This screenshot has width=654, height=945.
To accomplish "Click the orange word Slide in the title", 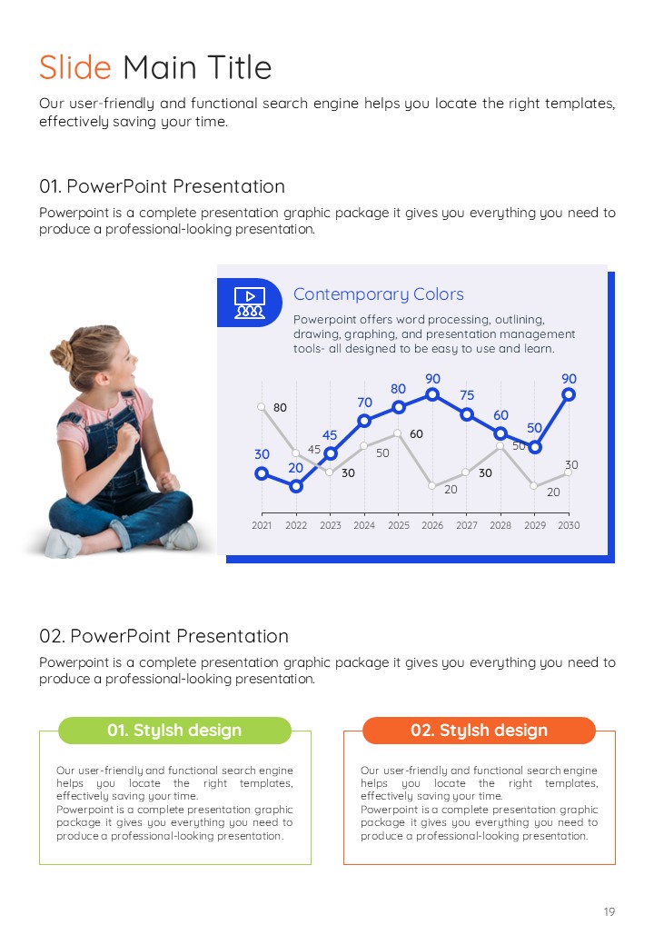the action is (x=75, y=67).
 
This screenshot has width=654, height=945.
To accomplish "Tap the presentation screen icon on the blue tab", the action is (x=249, y=303).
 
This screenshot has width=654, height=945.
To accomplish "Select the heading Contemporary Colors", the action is (x=378, y=294).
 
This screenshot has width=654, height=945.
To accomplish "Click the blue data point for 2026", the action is (x=431, y=394).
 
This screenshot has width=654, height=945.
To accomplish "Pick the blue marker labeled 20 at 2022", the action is (x=296, y=486).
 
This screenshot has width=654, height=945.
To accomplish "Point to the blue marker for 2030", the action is (x=569, y=394).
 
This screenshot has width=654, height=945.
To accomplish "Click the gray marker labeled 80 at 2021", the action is (x=262, y=407).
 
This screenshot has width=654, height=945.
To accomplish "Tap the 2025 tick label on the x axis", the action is (x=398, y=525).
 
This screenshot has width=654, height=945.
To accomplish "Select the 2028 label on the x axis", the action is (x=500, y=525).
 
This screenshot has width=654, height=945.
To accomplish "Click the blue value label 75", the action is (x=467, y=394).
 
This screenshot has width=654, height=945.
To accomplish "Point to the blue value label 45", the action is (x=330, y=435).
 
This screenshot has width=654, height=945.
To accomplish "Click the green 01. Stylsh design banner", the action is (x=174, y=731).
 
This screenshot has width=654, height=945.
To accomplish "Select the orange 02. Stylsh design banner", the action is (x=480, y=731).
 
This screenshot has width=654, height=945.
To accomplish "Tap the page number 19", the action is (x=609, y=912).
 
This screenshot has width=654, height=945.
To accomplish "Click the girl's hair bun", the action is (x=63, y=354).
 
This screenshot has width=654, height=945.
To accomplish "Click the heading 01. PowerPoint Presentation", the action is (x=162, y=186).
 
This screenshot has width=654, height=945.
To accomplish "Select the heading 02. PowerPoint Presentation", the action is (x=163, y=636).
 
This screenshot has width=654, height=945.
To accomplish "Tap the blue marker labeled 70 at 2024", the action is (x=363, y=421).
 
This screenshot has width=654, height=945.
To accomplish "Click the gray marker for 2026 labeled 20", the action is (x=431, y=485).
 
